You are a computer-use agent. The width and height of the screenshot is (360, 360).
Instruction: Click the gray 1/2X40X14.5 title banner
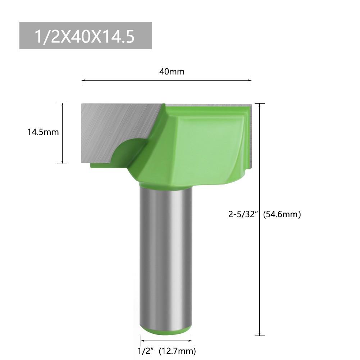(x=86, y=36)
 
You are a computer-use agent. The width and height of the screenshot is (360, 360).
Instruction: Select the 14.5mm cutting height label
(x=43, y=132)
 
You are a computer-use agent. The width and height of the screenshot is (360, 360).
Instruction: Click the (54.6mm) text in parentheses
(x=282, y=214)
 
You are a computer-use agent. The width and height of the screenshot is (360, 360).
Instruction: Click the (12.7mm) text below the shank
(x=178, y=350)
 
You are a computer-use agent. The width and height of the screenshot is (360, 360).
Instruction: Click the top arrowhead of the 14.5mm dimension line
(x=63, y=105)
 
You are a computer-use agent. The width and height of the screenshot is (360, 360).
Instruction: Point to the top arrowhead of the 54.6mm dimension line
(x=260, y=105)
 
